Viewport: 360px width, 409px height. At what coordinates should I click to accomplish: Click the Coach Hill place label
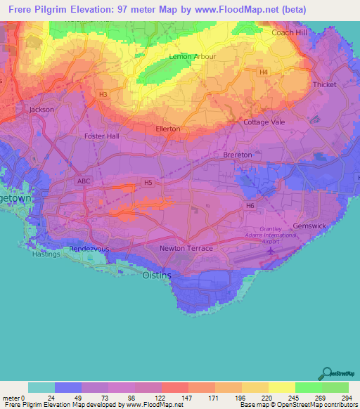click(x=291, y=32)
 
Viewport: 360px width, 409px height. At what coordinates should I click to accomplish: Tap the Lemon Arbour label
click(x=192, y=56)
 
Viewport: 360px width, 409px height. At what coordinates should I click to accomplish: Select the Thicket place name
click(x=324, y=84)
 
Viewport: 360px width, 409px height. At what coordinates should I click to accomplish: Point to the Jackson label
click(x=41, y=110)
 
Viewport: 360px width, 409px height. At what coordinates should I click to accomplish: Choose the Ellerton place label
click(x=167, y=129)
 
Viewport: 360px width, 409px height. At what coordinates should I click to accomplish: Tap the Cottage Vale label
click(x=264, y=122)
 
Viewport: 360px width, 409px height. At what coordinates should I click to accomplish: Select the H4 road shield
click(x=263, y=72)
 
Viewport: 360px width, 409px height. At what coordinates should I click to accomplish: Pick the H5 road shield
click(x=148, y=182)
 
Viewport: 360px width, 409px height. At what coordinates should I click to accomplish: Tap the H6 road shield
click(x=250, y=205)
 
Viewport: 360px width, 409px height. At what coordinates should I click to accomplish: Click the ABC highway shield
click(x=83, y=180)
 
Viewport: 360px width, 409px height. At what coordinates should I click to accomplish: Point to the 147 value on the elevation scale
click(x=188, y=398)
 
